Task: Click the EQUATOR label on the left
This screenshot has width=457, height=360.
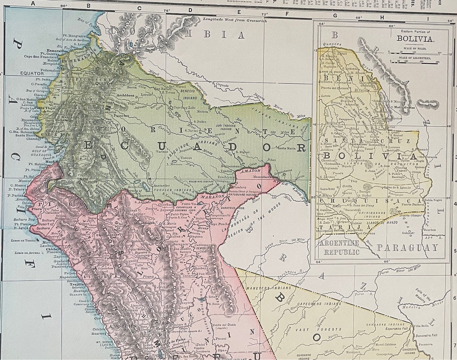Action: tap(32, 73)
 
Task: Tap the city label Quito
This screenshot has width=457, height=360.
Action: tap(96, 83)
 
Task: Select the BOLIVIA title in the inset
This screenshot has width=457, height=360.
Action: tap(412, 39)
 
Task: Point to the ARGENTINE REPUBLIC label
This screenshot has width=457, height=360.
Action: tap(339, 248)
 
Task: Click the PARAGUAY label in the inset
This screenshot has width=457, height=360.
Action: tap(408, 248)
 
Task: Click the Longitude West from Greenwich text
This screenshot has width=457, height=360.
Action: tap(235, 20)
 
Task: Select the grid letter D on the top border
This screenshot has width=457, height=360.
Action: tap(190, 10)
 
